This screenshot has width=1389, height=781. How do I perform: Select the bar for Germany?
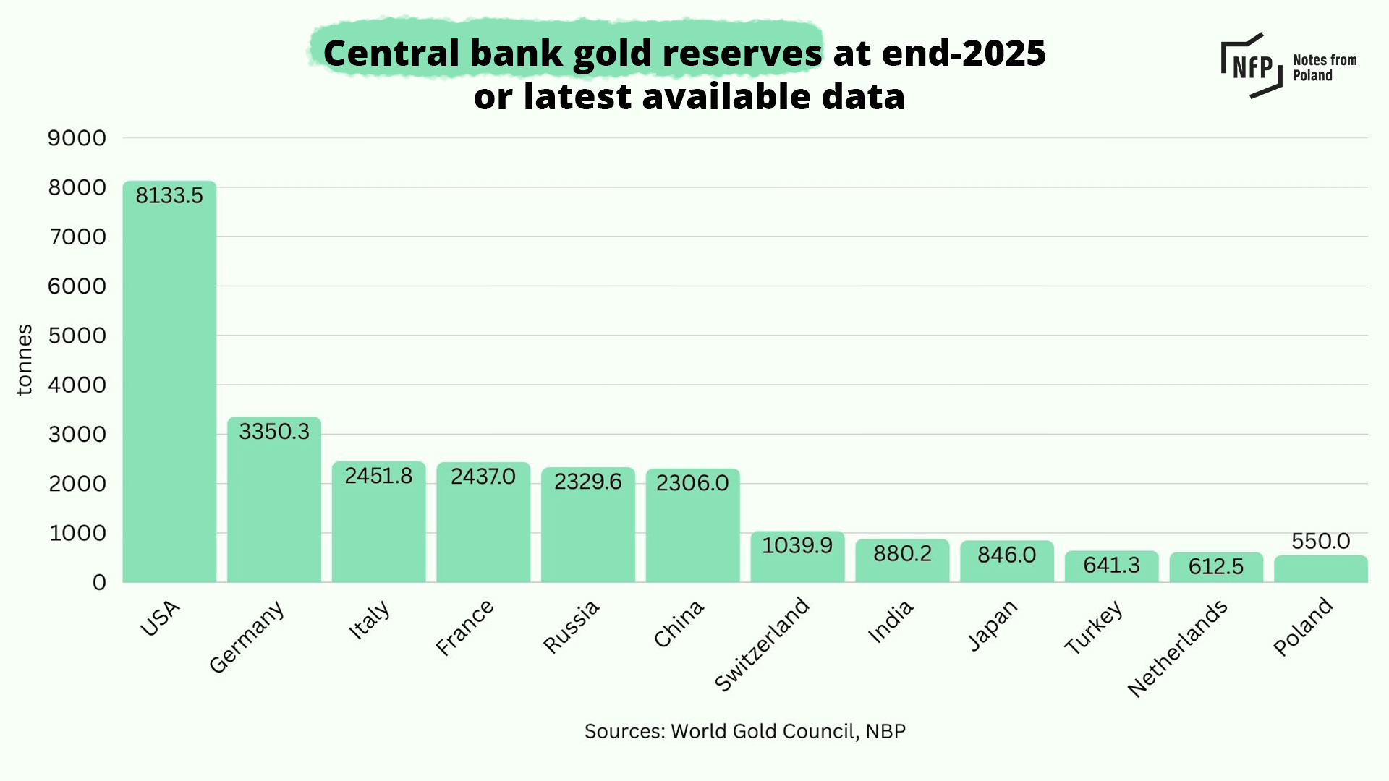pos(274,506)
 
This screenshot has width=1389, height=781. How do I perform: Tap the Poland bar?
pos(1320,569)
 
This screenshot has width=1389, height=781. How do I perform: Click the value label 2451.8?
pos(378,476)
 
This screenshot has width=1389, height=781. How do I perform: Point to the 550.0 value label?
pos(1320,541)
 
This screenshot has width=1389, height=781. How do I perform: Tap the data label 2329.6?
pos(587,482)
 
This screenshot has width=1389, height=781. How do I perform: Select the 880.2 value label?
pos(902,554)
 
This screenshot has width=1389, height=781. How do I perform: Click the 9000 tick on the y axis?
pos(77,138)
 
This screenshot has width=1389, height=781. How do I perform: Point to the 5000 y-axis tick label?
pos(77,336)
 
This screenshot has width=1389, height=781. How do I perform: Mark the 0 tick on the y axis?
pos(99,583)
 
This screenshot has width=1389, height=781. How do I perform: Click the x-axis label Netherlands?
pos(1178,648)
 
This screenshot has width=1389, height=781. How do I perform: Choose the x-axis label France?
pos(465,627)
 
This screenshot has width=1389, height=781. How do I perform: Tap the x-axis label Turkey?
pos(1094,627)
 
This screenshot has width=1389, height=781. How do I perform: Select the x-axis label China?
pos(679,623)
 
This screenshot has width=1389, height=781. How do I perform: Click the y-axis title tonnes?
pos(25,360)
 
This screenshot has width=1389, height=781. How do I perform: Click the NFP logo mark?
pos(1252,66)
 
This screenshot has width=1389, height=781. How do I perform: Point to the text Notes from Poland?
pos(1324,68)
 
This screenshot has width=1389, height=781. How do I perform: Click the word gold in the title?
pos(612,54)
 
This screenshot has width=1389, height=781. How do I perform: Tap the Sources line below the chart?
pos(744,731)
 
